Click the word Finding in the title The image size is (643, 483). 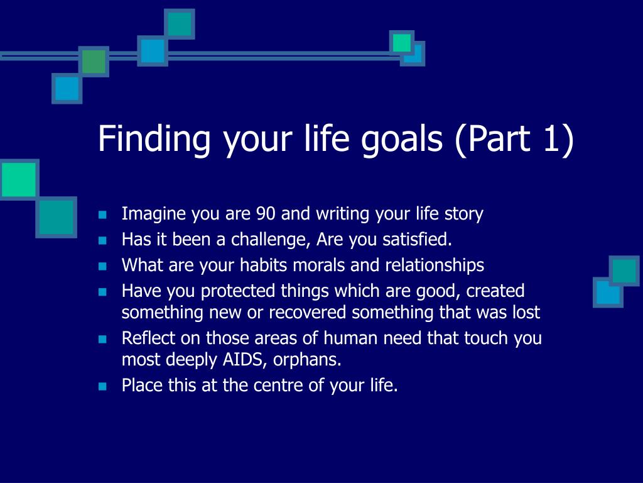(154, 139)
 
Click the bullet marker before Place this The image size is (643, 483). (102, 386)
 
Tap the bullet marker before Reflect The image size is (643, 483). (102, 339)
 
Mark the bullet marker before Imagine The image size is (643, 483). (102, 214)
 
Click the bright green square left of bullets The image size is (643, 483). (19, 180)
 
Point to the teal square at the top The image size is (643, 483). (180, 24)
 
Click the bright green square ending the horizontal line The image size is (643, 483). (401, 42)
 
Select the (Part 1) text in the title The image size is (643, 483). (514, 139)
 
